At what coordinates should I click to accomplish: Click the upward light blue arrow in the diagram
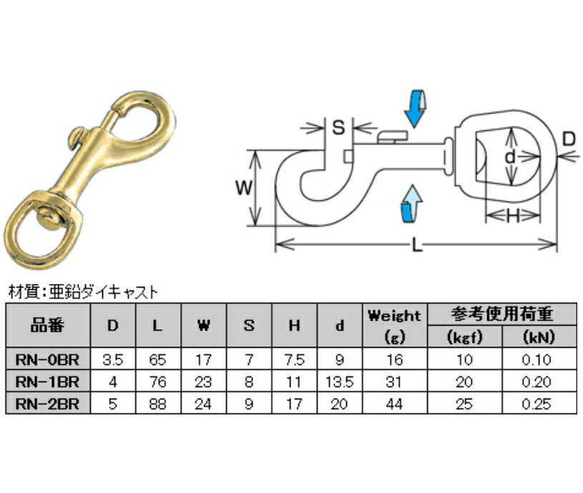coord(412,203)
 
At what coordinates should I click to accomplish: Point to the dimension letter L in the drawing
coord(418,245)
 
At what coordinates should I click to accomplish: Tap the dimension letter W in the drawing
coord(244,187)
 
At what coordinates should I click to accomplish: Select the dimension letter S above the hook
coord(338,127)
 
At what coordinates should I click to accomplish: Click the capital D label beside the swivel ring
coord(569,140)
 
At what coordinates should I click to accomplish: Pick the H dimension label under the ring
coord(513,215)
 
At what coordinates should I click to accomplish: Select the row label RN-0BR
coord(48,359)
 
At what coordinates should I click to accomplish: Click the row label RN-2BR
coord(48,404)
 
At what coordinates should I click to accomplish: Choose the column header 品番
coord(48,326)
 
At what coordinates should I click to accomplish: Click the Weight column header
coord(394,316)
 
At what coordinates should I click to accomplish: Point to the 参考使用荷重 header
coord(502,314)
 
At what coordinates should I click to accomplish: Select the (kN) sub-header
coord(539,337)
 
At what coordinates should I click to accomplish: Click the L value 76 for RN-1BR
coord(157,382)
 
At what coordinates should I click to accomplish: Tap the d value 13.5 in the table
coord(339,382)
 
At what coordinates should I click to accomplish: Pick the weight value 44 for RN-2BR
coord(394,404)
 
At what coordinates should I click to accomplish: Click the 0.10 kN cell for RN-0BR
coord(537,359)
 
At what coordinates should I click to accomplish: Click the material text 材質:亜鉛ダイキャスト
coord(83,292)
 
